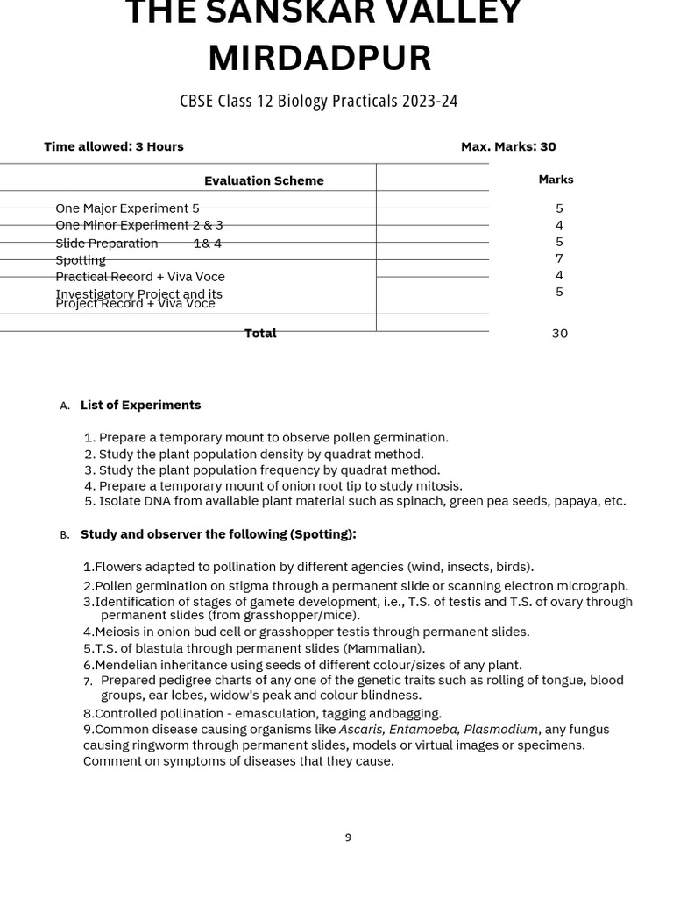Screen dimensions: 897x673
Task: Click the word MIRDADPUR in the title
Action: coord(320,59)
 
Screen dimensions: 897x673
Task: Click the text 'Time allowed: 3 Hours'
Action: coord(114,146)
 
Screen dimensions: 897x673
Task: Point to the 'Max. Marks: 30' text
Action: coord(508,146)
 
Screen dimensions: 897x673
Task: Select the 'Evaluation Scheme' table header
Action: coord(264,180)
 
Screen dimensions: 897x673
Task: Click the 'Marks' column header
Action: coord(556,180)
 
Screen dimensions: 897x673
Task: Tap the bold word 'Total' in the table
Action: coord(260,333)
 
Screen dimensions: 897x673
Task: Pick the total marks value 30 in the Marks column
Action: coord(559,333)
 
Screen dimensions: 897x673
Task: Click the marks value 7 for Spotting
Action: coord(559,258)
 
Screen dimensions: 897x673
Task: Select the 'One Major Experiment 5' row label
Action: coord(127,208)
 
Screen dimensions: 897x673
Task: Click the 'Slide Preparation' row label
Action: coord(107,244)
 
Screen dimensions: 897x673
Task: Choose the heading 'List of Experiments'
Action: coord(140,405)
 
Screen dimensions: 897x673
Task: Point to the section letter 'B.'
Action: coord(65,535)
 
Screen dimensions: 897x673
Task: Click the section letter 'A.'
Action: coord(65,406)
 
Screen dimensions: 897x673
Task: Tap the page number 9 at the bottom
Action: coord(348,837)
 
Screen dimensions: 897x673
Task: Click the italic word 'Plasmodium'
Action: coord(500,729)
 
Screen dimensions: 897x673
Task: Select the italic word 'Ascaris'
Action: coord(361,729)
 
